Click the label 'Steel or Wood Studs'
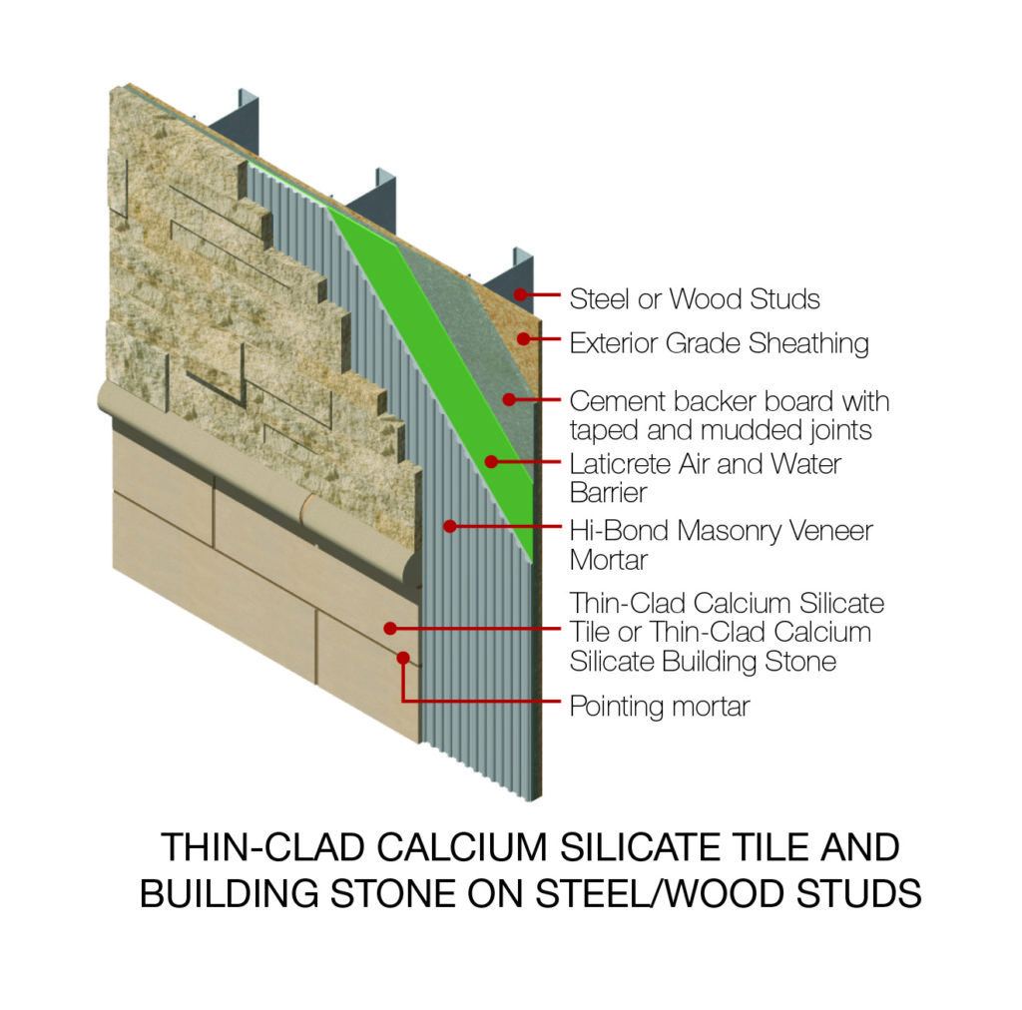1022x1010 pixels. [x=695, y=297]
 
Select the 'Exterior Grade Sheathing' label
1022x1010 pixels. [x=719, y=343]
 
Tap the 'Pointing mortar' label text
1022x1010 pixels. [x=659, y=707]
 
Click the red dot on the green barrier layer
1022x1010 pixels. [x=491, y=461]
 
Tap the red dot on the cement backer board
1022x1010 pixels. [x=509, y=399]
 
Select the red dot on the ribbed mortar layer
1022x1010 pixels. [x=450, y=524]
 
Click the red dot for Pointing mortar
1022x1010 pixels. [x=403, y=658]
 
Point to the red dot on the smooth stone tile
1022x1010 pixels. [x=390, y=629]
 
